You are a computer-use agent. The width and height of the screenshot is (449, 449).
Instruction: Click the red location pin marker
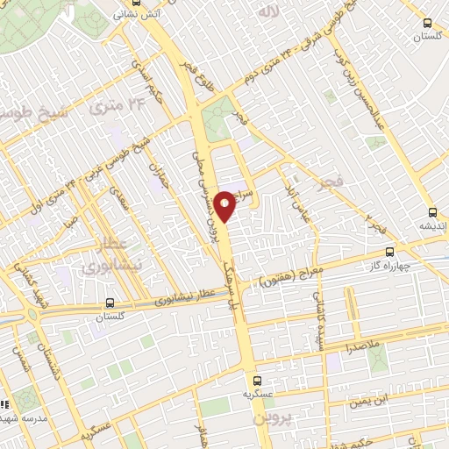coord(225,205)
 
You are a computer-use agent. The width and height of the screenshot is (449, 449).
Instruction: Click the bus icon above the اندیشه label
coord(431,211)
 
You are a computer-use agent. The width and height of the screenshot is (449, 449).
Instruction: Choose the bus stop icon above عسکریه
coord(257,381)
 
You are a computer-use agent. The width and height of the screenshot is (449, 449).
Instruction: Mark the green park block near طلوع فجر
coord(216,122)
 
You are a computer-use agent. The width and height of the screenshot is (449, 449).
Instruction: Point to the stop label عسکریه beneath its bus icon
coord(257,396)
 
